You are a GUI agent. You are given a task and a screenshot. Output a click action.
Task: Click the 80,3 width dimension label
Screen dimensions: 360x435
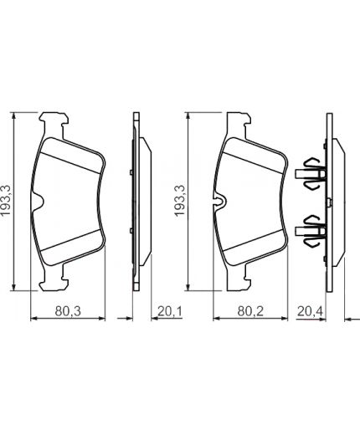point(68,311)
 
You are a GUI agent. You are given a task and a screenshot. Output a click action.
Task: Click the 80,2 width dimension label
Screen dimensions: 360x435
point(250,311)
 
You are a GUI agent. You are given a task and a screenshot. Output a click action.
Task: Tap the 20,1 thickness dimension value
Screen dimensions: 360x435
point(170,311)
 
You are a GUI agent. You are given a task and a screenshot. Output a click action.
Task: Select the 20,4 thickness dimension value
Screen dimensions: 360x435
point(310,311)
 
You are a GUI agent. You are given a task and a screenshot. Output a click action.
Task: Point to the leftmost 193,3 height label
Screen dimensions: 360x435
point(6,201)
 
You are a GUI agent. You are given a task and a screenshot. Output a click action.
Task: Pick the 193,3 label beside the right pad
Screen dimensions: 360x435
point(179,201)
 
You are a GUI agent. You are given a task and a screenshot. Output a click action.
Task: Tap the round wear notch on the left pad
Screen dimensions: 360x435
point(38,201)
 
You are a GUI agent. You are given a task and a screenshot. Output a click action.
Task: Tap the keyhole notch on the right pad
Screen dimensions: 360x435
point(220,201)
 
